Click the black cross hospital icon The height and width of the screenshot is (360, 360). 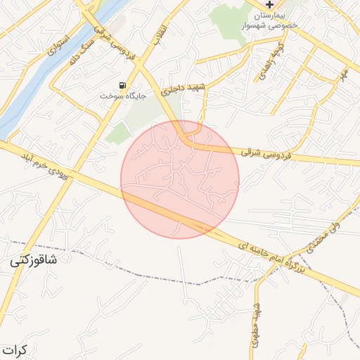point(270,4)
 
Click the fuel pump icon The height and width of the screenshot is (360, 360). point(124,86)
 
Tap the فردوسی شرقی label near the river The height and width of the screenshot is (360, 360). point(112,29)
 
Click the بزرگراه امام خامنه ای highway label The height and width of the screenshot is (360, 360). point(271,257)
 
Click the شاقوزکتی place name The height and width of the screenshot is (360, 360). point(34,260)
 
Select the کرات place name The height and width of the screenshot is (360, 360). point(13,349)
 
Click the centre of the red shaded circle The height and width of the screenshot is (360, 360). point(180,179)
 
